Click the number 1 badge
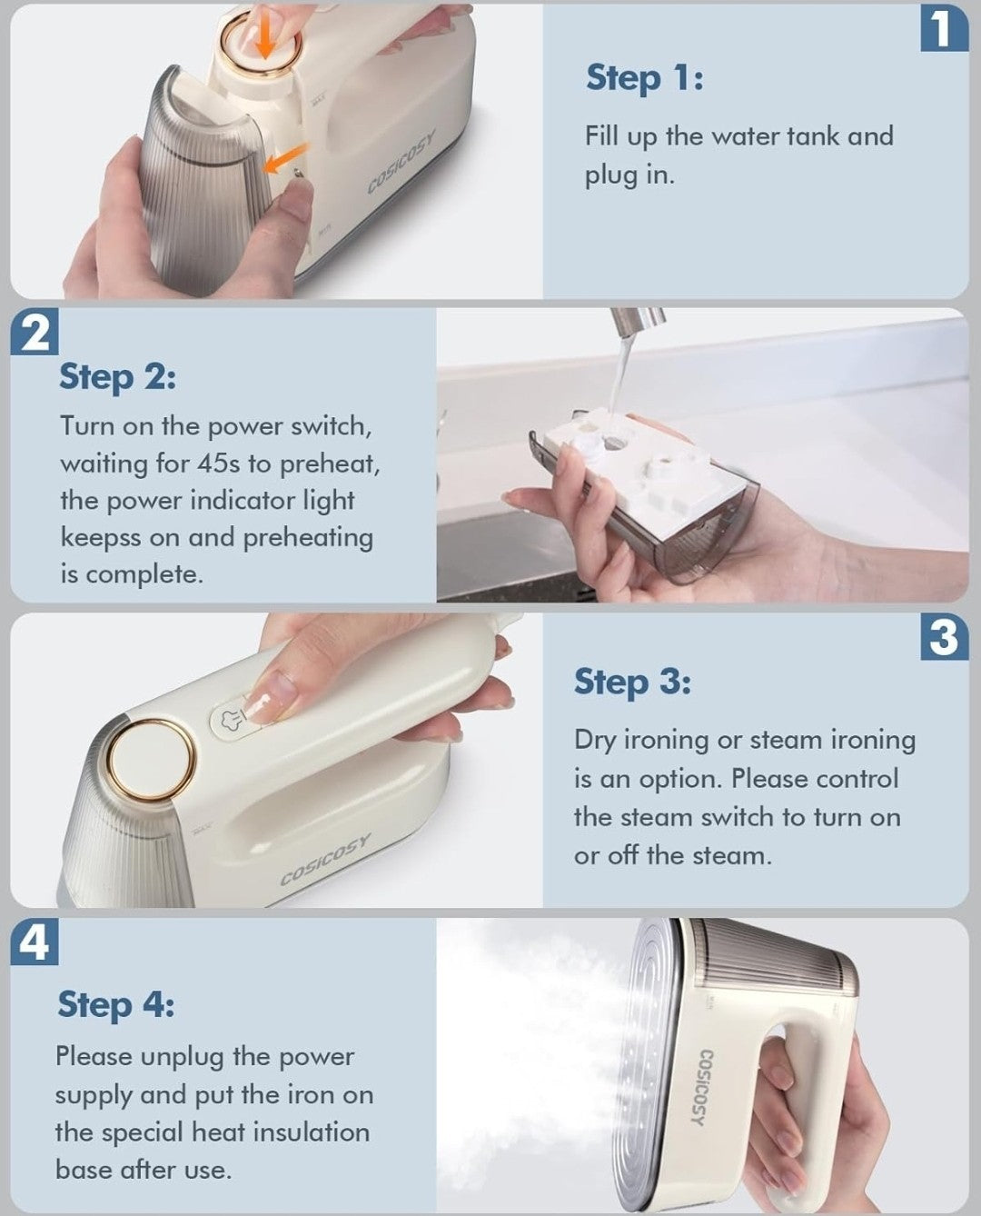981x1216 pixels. coord(945,28)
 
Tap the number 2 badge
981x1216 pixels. coord(35,333)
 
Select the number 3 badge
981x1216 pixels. coord(945,637)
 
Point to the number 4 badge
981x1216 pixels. coord(35,942)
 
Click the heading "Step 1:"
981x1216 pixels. coord(645,78)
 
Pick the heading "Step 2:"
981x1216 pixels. coord(117,378)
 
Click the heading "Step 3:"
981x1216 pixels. coord(632,683)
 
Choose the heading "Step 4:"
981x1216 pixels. coord(116,1005)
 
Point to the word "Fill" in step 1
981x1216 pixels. coord(601,136)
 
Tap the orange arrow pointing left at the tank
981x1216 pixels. coord(286,158)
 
